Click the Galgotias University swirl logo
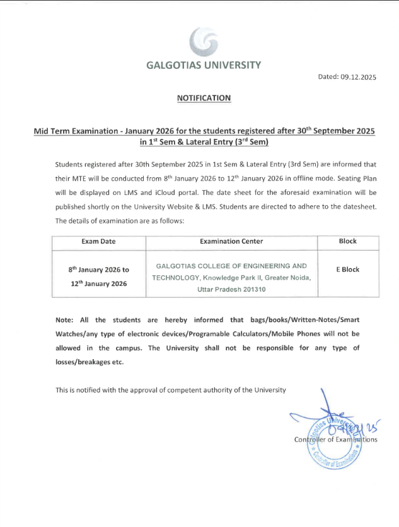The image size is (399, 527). pyautogui.click(x=204, y=42)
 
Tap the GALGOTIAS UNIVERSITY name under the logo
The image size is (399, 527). pyautogui.click(x=203, y=65)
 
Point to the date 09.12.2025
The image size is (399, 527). pyautogui.click(x=359, y=77)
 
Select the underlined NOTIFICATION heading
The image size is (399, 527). pyautogui.click(x=204, y=98)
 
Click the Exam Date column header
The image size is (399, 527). pyautogui.click(x=99, y=241)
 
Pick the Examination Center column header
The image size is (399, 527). pyautogui.click(x=231, y=241)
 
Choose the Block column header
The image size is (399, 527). pyautogui.click(x=347, y=241)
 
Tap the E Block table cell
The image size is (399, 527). pyautogui.click(x=347, y=269)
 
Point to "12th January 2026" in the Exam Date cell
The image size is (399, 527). pyautogui.click(x=98, y=283)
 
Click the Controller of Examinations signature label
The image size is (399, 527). pyautogui.click(x=335, y=439)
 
